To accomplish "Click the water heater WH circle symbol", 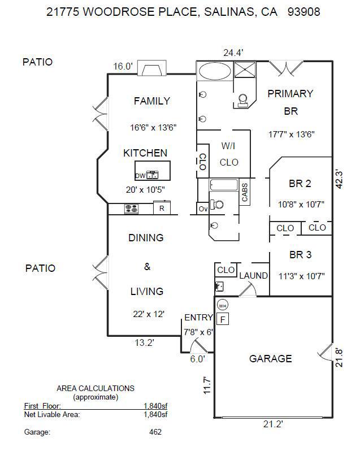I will coord(223,306).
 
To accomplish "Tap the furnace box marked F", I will coord(223,320).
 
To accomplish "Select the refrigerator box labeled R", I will coord(162,209).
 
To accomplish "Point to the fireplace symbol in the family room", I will coord(153,70).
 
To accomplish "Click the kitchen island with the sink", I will coord(153,171).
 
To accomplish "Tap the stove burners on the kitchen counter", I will coord(132,209).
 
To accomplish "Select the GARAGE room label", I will coord(271,358).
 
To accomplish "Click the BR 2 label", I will coord(300,183).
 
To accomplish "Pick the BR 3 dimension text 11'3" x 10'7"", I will coord(302,276).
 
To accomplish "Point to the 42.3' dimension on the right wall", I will coord(339,179).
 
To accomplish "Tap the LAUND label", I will coord(253,276).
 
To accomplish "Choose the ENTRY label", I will coord(198,318).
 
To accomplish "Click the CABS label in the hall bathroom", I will coord(245,192).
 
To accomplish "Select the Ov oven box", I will coord(203,209).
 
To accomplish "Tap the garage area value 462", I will coord(155,432).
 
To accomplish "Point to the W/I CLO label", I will coord(228,154).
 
